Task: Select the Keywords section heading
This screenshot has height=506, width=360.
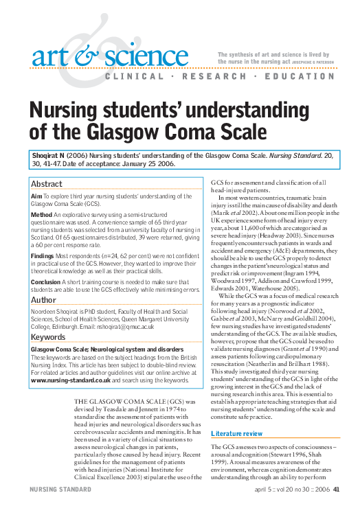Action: (x=49, y=337)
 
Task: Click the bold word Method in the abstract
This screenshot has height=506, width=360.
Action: (x=42, y=214)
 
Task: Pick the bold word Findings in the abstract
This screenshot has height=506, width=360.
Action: (x=43, y=255)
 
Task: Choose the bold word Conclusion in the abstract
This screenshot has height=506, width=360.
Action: (x=46, y=281)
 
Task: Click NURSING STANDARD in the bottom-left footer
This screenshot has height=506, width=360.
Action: (x=57, y=489)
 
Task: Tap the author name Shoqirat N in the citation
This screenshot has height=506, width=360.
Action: (x=49, y=157)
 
